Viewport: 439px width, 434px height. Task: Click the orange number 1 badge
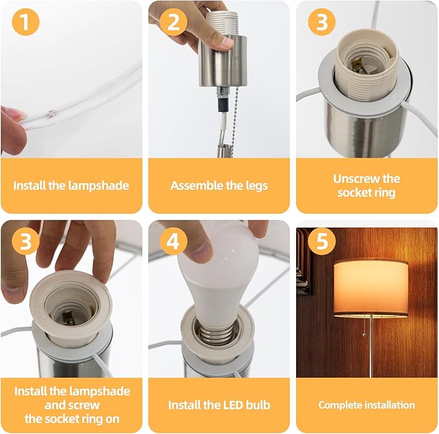coord(25,22)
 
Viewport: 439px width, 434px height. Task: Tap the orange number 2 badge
coord(173,22)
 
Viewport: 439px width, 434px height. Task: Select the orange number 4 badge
coord(173,241)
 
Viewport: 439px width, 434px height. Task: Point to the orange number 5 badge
coord(322,241)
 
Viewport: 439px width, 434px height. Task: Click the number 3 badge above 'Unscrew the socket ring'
coord(322,22)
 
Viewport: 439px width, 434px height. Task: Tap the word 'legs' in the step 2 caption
coord(257,186)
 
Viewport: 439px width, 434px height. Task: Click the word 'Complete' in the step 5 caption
coord(335,405)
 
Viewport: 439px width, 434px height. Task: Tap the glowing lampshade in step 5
coord(370,288)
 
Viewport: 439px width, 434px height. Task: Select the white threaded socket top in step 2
coord(221,23)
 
